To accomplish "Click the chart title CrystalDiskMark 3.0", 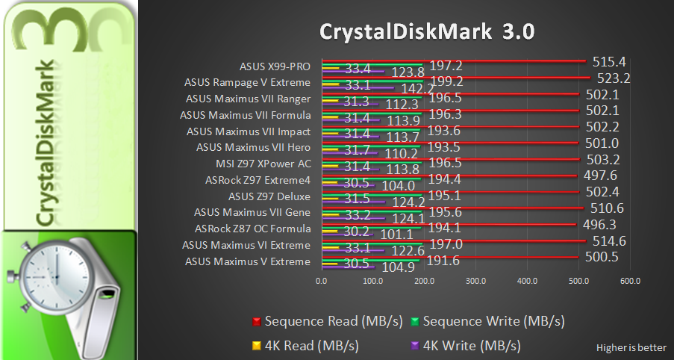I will coord(428,32).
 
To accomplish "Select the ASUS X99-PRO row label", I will coord(275,66).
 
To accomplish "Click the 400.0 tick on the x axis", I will coord(527,281).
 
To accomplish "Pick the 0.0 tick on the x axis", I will coord(322,281).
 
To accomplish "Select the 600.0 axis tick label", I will coord(630,281).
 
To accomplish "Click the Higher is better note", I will coord(631,347).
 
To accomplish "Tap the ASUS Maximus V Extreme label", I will coord(247,261).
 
